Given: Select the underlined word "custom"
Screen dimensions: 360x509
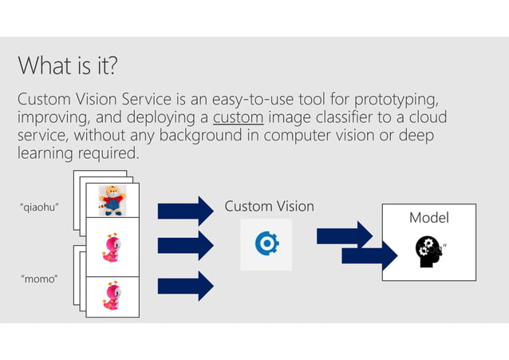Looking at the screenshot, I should tap(239, 118).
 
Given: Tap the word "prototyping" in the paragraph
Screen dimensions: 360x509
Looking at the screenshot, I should tap(393, 100).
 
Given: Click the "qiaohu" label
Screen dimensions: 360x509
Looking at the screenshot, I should tap(41, 208).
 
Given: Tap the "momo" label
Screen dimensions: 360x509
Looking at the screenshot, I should tap(37, 280).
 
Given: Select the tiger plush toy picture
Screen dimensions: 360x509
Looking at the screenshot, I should tap(112, 200).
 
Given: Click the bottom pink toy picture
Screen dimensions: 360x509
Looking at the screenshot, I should tap(112, 296).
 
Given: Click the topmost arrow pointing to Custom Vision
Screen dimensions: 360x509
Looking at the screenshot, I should tap(185, 211).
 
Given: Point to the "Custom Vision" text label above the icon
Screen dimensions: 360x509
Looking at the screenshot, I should tap(269, 207).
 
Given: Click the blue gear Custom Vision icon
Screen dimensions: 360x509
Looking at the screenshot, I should tap(266, 244).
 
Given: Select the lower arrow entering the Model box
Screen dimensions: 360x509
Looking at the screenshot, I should tap(369, 255).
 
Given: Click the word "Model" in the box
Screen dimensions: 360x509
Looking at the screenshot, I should tap(428, 218).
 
